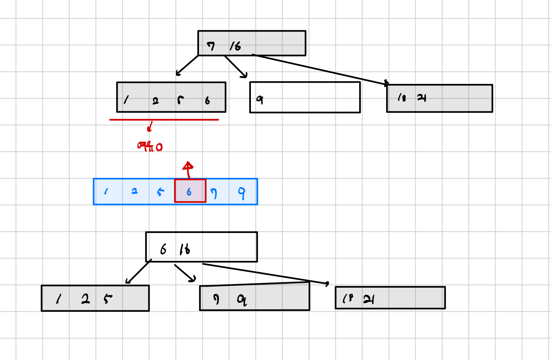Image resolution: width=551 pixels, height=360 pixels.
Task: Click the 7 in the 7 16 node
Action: [x=211, y=46]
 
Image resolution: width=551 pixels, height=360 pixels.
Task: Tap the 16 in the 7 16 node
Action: [x=235, y=46]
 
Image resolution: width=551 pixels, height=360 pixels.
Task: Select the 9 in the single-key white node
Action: [x=260, y=99]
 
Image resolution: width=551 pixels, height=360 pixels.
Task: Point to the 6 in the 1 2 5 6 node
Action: [x=207, y=100]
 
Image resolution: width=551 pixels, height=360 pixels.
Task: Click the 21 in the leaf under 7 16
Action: [x=421, y=98]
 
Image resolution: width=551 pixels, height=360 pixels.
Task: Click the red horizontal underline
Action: [x=164, y=120]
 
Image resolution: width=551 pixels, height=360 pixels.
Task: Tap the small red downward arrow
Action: [x=150, y=127]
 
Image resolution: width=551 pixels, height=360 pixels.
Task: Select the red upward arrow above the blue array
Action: [x=188, y=169]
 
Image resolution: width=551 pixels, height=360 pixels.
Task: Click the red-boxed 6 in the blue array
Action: [x=189, y=192]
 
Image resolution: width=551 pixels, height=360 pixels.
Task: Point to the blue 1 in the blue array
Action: [x=106, y=191]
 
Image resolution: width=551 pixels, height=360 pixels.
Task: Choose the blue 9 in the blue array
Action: [x=242, y=193]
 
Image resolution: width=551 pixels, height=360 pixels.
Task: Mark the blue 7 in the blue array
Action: [x=214, y=193]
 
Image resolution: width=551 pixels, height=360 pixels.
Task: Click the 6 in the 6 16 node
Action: [x=163, y=249]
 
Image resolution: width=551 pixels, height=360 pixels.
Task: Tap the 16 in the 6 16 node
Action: [x=185, y=249]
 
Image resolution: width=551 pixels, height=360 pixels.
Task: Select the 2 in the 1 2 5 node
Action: [x=85, y=299]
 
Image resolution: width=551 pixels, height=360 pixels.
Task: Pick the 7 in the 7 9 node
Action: [x=216, y=299]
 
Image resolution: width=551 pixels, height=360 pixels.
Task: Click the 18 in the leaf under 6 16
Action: [x=348, y=298]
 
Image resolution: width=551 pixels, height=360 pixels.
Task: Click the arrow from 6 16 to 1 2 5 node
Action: [x=138, y=272]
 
